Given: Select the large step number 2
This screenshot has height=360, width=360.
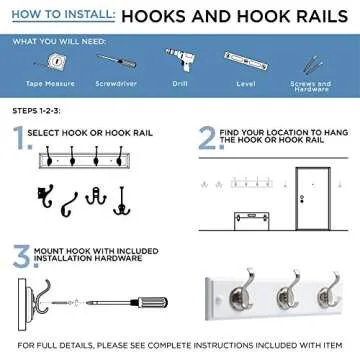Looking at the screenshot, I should tap(206, 140).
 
